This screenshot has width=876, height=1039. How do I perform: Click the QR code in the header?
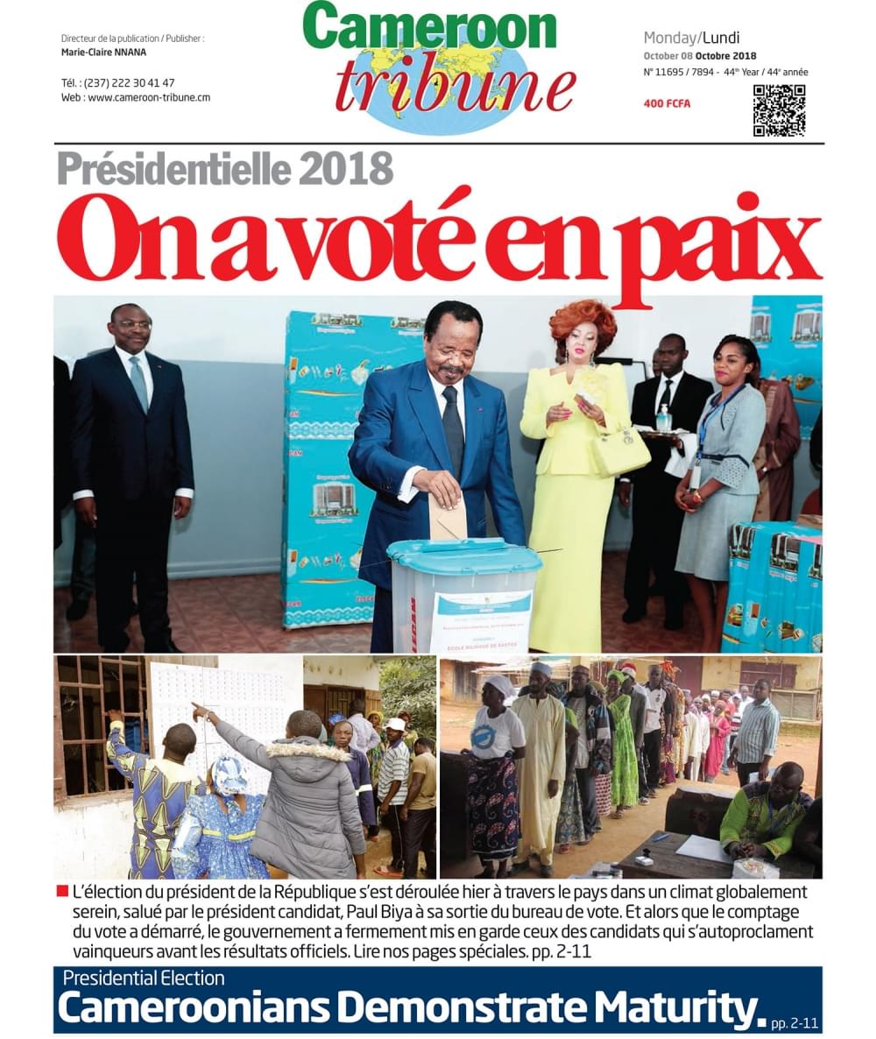point(779,110)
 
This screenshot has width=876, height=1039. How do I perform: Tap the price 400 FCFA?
point(667,104)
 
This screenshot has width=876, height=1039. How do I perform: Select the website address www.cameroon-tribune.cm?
point(149,98)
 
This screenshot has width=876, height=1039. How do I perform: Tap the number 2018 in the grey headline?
point(344,169)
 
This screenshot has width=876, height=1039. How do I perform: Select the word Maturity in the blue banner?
point(665,1007)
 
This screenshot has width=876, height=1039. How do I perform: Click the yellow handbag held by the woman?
point(620,451)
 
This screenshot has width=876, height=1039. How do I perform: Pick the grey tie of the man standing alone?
point(138,382)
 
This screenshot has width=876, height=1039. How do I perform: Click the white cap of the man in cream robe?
point(541,669)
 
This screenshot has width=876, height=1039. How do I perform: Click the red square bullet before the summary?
point(61,892)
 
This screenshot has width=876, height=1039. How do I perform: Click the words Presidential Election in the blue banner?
point(144,978)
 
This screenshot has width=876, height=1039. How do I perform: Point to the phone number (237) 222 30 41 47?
point(131,83)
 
